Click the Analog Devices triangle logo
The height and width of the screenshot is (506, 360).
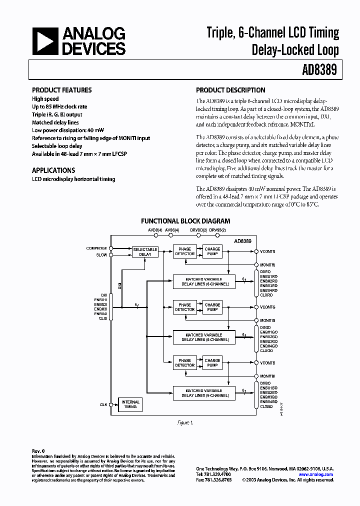tap(45, 41)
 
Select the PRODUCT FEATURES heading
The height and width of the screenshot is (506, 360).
tap(61, 90)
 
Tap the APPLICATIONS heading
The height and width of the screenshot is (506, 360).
tap(53, 170)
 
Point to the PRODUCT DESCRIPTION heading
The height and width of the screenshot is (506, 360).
tap(230, 90)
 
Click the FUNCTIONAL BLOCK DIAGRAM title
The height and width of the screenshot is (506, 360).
tap(185, 220)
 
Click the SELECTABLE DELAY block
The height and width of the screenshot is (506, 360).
tap(145, 251)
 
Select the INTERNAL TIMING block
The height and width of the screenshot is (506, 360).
tap(130, 404)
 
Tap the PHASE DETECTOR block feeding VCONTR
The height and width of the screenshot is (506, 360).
tap(184, 251)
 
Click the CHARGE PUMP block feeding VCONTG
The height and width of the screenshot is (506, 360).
tap(212, 307)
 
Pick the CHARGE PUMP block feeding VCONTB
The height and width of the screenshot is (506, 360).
tap(212, 362)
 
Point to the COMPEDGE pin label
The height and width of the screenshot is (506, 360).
tap(96, 248)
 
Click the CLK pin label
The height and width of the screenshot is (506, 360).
tap(103, 404)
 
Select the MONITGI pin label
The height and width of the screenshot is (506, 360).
tap(268, 320)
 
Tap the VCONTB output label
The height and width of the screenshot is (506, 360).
tap(267, 362)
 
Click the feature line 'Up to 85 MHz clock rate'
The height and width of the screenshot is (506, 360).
tap(59, 106)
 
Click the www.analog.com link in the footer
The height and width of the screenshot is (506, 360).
tap(316, 473)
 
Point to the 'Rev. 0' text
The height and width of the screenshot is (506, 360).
tap(38, 450)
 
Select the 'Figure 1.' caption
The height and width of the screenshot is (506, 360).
tap(185, 423)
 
